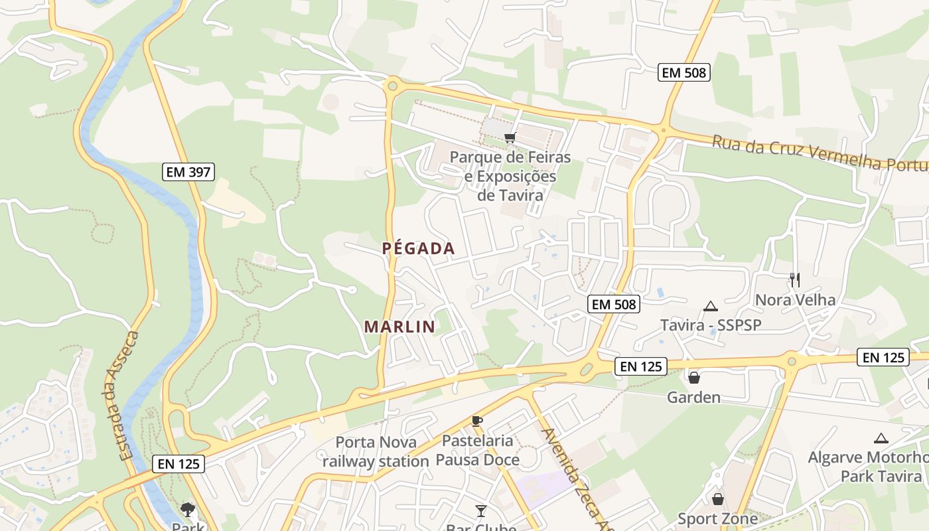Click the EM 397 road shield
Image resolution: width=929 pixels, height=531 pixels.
point(188,173)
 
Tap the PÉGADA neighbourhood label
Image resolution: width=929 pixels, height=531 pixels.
point(419,249)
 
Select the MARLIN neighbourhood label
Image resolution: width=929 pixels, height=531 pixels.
point(399,327)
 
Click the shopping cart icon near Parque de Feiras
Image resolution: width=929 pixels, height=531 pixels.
point(510,138)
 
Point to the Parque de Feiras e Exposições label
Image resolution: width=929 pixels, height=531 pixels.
point(510,177)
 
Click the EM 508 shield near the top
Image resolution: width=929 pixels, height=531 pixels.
point(684,73)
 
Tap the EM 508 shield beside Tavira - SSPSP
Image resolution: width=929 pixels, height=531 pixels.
point(614,305)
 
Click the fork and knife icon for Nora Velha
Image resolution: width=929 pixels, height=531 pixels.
point(795,279)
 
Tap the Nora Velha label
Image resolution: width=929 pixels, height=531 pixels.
point(795,300)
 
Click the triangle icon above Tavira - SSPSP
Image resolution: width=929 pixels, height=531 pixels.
point(711,306)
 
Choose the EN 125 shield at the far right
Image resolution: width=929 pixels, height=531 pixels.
point(883,357)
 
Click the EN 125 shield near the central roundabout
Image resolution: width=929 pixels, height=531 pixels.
point(640,366)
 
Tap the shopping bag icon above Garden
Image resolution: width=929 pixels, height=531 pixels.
point(693,378)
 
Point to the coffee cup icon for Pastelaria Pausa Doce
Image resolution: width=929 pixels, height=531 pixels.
point(476,420)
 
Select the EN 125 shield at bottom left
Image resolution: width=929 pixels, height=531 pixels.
point(178,464)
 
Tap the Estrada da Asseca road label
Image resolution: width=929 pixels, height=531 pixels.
point(129,396)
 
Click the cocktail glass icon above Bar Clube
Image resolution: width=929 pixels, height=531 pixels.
point(481,510)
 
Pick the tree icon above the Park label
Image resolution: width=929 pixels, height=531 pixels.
point(188,510)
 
